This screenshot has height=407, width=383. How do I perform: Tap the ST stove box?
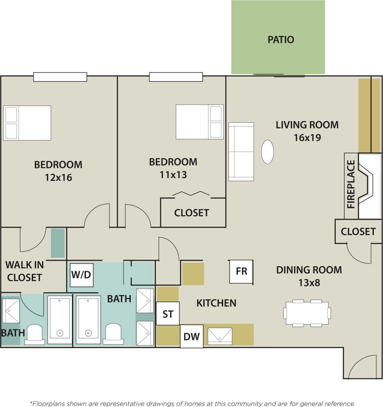[x=168, y=314]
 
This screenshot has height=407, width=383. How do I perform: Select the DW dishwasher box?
[x=191, y=336]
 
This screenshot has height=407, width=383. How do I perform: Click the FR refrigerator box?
[x=241, y=271]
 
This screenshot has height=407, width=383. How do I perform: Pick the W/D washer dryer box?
[x=82, y=274]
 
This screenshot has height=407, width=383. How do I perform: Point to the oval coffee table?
[x=267, y=151]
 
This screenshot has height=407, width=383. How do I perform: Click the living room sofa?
[x=241, y=151]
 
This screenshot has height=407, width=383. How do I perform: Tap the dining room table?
[x=307, y=313]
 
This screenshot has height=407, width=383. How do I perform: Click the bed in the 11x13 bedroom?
[x=199, y=122]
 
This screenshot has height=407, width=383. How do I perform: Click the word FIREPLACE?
[x=351, y=184]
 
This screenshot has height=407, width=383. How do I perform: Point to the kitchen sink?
[x=220, y=336]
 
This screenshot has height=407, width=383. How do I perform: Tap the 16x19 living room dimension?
[x=307, y=138]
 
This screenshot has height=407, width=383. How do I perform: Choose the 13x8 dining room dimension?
[x=309, y=283]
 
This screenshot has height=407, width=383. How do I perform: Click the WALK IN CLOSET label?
[x=24, y=271]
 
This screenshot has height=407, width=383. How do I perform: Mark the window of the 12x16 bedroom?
[x=60, y=77]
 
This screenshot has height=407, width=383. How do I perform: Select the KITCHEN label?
[x=216, y=303]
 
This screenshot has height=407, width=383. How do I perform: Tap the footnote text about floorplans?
[x=192, y=403]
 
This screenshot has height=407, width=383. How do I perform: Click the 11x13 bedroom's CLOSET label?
[x=191, y=213]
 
